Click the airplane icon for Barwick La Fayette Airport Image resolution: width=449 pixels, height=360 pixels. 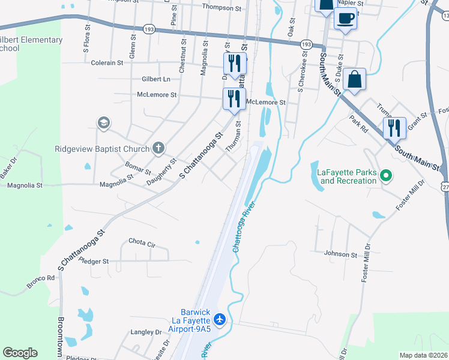tap(220, 319)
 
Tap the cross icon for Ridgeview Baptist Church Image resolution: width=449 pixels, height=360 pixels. tap(158, 148)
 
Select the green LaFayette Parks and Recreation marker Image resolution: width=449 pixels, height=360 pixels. tap(387, 176)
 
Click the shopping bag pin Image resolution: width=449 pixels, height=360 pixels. tap(355, 80)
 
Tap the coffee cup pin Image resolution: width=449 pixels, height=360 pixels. tap(345, 18)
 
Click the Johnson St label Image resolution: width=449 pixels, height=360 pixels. tap(340, 254)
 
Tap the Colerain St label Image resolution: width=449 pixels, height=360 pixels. tap(107, 62)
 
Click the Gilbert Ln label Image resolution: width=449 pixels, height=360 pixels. tap(155, 79)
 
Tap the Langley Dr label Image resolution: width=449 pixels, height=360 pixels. tap(146, 332)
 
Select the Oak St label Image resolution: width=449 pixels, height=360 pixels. tap(292, 28)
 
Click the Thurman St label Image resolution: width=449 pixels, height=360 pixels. tap(233, 136)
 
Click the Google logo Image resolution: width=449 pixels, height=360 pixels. tap(20, 353)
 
